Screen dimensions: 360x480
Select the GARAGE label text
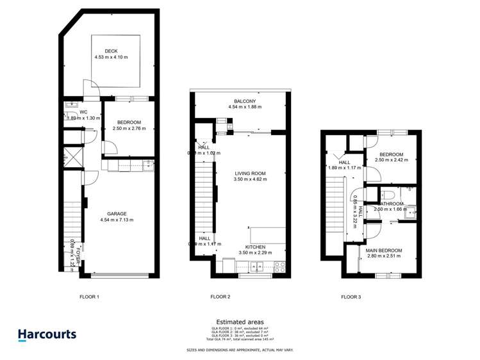(x=117, y=214)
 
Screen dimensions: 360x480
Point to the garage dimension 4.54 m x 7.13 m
(x=117, y=220)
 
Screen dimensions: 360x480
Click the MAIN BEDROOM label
(x=385, y=250)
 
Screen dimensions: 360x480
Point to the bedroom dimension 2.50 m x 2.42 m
(x=391, y=160)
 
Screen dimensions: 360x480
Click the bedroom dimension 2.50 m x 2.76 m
(x=129, y=128)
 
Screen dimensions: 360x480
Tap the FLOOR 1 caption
(x=89, y=297)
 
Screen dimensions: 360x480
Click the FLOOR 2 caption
(x=220, y=297)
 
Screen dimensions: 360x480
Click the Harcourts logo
(x=46, y=334)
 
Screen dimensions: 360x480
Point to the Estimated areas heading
(x=240, y=322)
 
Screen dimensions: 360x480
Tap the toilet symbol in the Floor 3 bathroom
(x=388, y=193)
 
